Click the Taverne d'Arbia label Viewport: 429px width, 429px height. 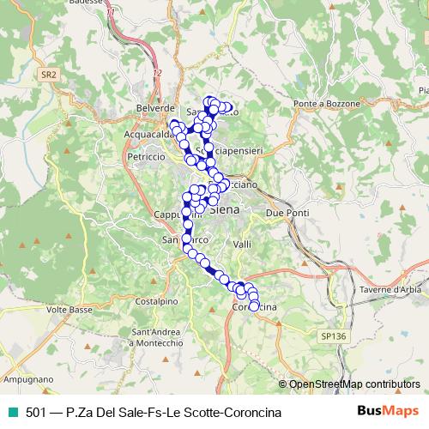pos(396,291)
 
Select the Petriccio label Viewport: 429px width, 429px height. pos(145,157)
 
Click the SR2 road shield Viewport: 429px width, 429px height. pos(49,76)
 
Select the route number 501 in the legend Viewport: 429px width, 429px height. pos(36,413)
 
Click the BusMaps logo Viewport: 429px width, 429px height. pos(388,413)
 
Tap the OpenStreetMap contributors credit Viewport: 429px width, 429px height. pos(354,384)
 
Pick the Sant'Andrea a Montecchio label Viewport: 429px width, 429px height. pos(157,336)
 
